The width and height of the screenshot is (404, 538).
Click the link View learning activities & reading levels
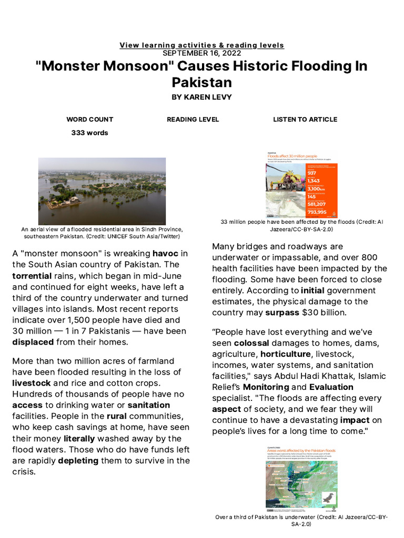(x=201, y=45)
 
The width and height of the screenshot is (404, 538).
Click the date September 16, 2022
(x=201, y=53)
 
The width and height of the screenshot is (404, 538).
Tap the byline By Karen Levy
(x=201, y=97)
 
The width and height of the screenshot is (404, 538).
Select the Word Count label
(x=89, y=119)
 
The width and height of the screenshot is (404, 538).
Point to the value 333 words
(x=89, y=132)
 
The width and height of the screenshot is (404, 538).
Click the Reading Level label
(x=193, y=119)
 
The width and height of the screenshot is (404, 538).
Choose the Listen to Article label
(x=305, y=119)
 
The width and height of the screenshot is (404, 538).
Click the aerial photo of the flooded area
(x=102, y=191)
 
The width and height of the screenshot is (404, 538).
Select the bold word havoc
(x=165, y=253)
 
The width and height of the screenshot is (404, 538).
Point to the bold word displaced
(x=33, y=342)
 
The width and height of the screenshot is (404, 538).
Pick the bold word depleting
(x=78, y=460)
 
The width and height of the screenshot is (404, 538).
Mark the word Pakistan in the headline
(x=201, y=82)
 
